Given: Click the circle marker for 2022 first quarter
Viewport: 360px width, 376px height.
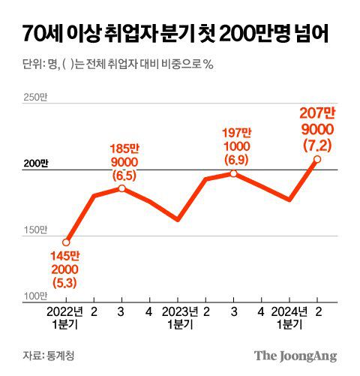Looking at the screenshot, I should coord(66,242).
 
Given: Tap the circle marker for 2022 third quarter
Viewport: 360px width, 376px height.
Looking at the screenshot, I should coord(122,188).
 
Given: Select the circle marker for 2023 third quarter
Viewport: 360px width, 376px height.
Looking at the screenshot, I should coord(234,173).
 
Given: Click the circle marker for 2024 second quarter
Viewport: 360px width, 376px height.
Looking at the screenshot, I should coord(318,159).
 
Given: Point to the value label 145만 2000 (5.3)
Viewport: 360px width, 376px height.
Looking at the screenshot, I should coord(65,269).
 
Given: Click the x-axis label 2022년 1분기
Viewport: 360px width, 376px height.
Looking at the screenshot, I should coord(66,317).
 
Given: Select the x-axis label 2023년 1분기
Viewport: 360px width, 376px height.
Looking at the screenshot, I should coord(178,317).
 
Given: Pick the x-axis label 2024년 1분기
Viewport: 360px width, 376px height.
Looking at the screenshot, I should coord(289,317).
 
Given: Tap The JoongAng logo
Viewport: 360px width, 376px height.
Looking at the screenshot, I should coord(294,355).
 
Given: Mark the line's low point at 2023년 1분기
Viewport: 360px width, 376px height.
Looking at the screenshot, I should coord(178,220).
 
